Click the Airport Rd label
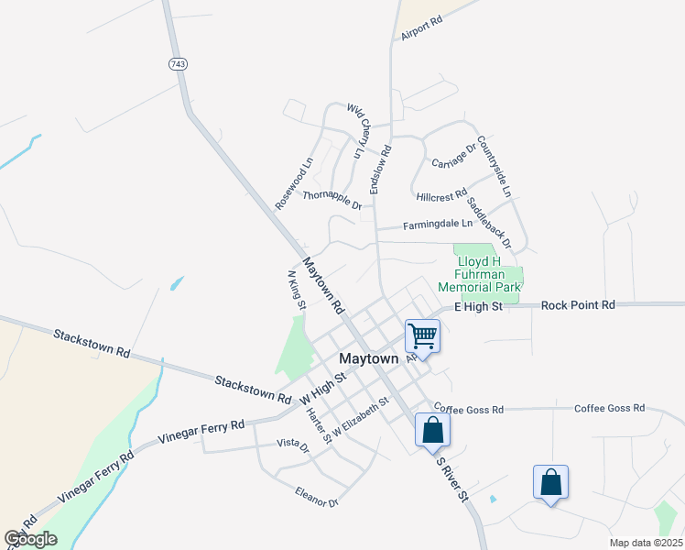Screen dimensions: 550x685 point(422,27)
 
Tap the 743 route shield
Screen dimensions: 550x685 point(177,63)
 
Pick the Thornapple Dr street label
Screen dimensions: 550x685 point(332,198)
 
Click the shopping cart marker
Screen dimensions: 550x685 point(423,335)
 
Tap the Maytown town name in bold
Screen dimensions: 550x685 point(369,358)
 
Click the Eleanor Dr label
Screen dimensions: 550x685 point(317,498)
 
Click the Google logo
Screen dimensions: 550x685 point(30,539)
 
